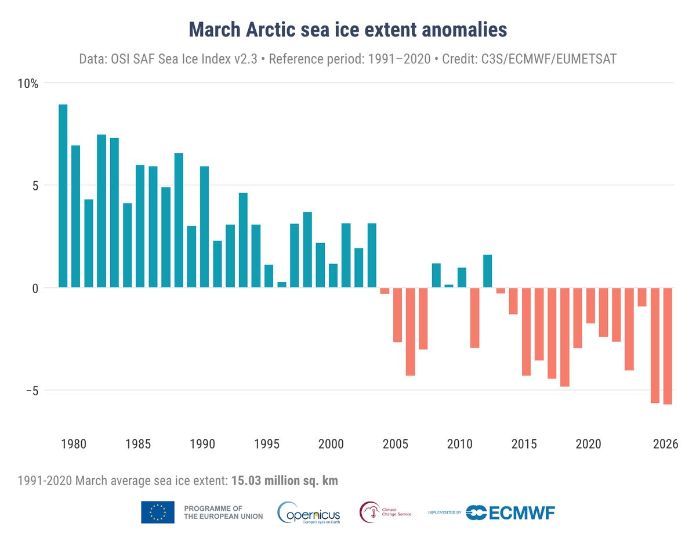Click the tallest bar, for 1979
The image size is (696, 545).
[x=63, y=196]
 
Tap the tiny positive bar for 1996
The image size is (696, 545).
[x=282, y=284]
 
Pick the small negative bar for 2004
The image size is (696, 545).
[x=385, y=291]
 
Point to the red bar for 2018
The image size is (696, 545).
[x=564, y=337]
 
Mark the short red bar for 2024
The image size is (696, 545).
[x=641, y=297]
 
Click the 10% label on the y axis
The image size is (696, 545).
[x=27, y=84]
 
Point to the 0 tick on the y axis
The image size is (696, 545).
[x=34, y=288]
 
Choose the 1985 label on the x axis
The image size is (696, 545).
[x=137, y=445]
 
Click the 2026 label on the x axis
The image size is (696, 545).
[x=665, y=445]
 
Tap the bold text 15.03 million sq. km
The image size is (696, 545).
[x=284, y=481]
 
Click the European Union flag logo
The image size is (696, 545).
[x=158, y=512]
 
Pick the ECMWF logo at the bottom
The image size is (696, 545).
[x=510, y=512]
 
